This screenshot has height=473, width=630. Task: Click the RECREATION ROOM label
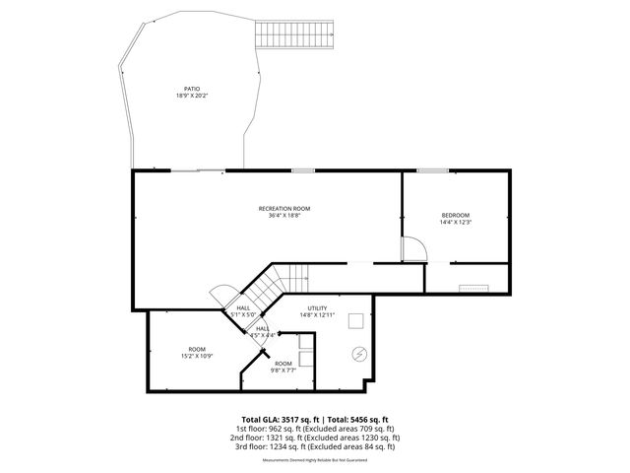click(284, 208)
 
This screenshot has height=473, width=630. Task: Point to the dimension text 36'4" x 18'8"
click(284, 216)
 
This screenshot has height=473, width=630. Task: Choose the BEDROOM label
click(455, 215)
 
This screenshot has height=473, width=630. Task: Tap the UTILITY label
click(317, 307)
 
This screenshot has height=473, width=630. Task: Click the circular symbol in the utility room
click(359, 354)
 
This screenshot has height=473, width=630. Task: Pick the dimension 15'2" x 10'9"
click(198, 356)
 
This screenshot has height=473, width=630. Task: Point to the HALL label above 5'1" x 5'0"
click(243, 307)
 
